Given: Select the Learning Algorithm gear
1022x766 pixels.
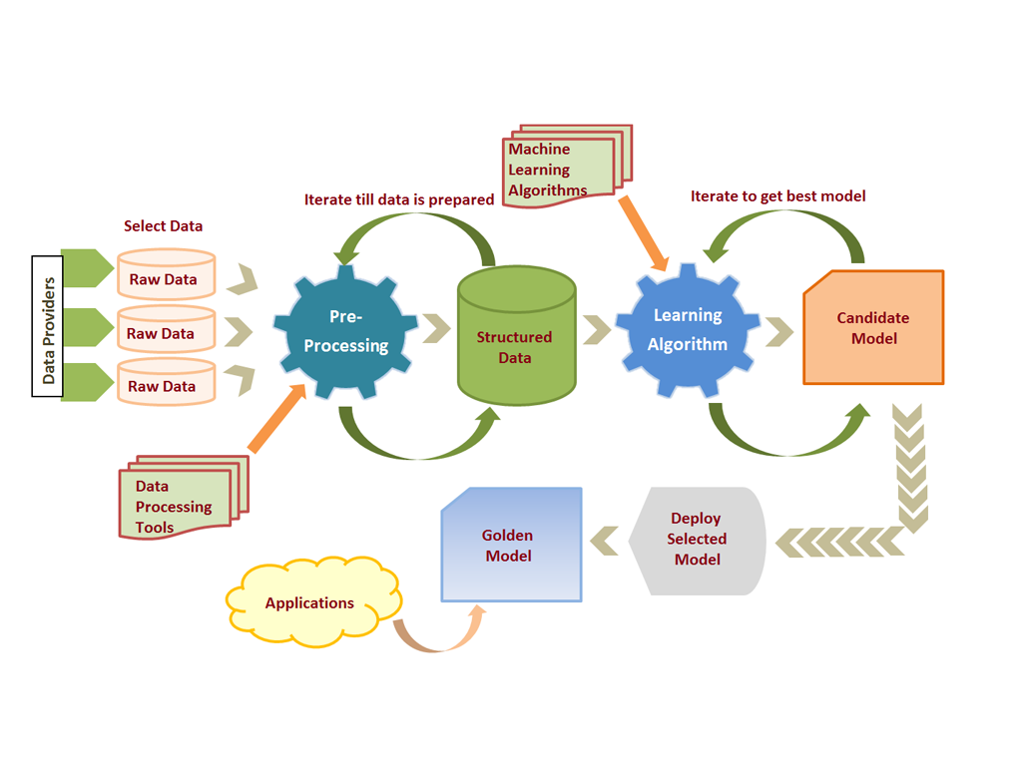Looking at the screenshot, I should coord(687,329).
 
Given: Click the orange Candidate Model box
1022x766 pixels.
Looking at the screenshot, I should coord(873,328).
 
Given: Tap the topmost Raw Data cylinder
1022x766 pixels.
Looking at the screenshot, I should coord(166,274).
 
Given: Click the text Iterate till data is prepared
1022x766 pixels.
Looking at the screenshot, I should coord(399,199).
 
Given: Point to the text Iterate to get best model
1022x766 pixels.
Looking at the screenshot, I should coord(777,196).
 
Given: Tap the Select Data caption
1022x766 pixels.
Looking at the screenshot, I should coord(164,226).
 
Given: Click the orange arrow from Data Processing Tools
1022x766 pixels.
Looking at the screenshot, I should coord(276,420).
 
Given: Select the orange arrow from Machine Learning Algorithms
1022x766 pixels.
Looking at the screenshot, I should coord(643,233).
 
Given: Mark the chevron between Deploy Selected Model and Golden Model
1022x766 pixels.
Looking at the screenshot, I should coord(604,541).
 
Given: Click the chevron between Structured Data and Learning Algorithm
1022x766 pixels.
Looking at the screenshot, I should coord(597,329).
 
